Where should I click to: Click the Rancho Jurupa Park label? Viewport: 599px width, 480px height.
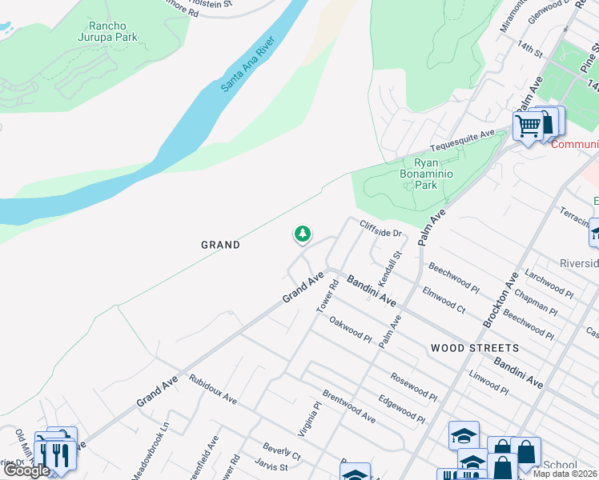(108, 31)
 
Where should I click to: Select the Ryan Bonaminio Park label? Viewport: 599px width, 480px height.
(420, 173)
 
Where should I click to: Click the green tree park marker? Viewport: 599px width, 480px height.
(303, 234)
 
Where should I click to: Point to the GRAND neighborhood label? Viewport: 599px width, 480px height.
(219, 245)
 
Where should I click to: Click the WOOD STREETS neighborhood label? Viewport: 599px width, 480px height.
(474, 348)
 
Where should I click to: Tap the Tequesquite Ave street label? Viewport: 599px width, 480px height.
(463, 141)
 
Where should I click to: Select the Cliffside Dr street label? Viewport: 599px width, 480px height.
(380, 229)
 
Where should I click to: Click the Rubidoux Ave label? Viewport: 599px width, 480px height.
(213, 387)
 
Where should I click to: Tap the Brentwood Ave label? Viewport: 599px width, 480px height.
(348, 406)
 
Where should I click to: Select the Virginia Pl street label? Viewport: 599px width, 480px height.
(309, 418)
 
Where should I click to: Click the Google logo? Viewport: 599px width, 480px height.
(26, 470)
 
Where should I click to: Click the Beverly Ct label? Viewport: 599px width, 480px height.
(281, 451)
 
